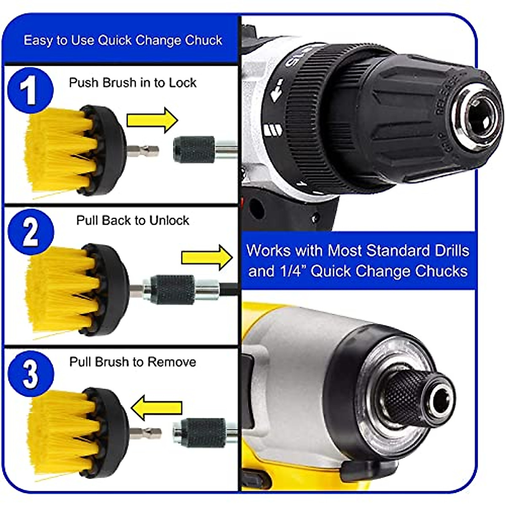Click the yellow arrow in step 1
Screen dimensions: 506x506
[152, 120]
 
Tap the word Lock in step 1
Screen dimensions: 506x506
[183, 83]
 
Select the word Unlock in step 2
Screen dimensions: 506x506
[169, 221]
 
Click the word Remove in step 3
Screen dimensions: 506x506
[175, 362]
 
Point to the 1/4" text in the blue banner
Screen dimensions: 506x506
[293, 271]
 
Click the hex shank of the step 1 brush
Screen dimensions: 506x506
[143, 150]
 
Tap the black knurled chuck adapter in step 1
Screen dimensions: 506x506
[194, 150]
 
